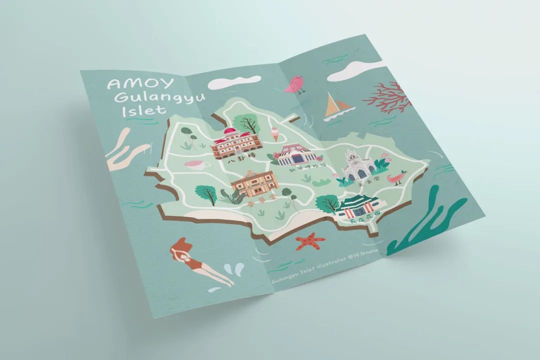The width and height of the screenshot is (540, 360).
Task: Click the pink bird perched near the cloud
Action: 294,84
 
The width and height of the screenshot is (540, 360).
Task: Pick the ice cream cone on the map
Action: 262,135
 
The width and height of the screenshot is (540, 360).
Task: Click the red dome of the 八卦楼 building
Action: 231,132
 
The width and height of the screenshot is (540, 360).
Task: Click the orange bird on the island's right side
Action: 397,177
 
